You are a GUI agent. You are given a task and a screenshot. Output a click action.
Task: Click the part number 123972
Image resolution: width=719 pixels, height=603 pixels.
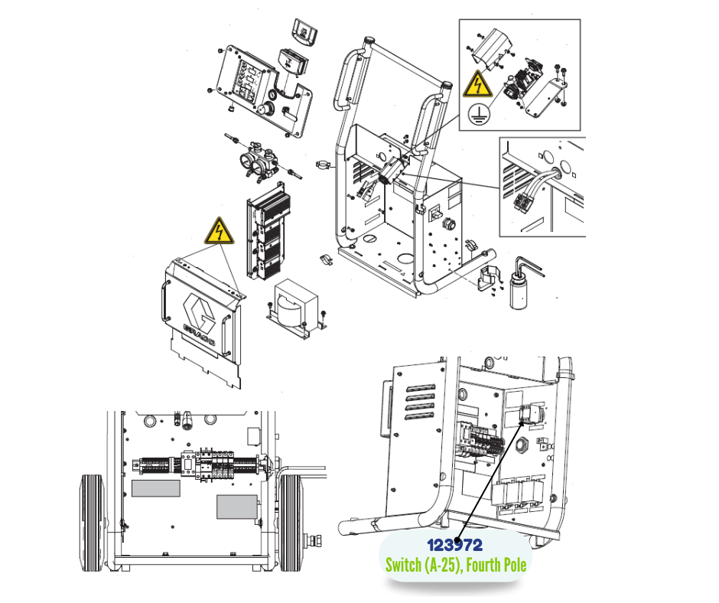[454, 545]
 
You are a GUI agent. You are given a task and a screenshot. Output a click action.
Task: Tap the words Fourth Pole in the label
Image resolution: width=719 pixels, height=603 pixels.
[496, 565]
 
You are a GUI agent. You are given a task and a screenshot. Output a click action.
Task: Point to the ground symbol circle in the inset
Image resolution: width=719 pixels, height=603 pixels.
[479, 114]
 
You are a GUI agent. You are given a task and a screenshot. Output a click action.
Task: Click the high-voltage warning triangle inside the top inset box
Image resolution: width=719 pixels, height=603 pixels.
[477, 84]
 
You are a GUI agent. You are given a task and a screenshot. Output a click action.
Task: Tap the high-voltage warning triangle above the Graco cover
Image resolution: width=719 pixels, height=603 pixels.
[220, 231]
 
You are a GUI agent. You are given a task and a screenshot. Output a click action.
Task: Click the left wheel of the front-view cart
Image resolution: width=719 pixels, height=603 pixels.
[93, 523]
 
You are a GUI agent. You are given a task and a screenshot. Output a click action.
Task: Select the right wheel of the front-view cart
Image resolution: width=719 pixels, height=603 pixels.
[291, 523]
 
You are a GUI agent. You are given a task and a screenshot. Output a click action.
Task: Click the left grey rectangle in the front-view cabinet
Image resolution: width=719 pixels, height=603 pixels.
[156, 488]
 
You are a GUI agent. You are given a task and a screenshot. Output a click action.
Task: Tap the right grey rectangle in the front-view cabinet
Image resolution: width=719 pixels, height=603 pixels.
[237, 507]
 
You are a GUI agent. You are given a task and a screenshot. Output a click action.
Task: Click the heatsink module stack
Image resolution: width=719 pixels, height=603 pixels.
[268, 232]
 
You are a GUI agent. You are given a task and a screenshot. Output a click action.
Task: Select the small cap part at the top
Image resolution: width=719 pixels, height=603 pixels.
[305, 31]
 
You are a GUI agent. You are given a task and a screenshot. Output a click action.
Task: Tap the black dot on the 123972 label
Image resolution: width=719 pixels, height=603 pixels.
[456, 544]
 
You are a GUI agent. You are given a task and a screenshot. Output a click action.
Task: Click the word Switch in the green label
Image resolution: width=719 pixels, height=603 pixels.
[404, 565]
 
